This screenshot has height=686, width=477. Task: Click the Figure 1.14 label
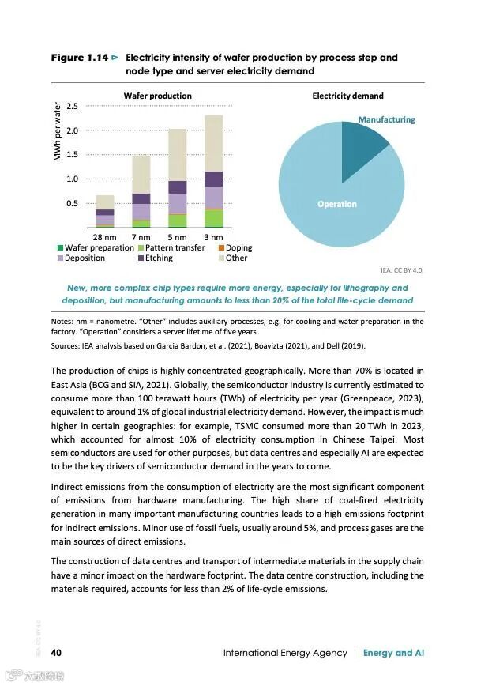(80, 58)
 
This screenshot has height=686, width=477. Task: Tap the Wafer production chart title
(157, 96)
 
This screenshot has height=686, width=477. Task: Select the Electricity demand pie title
(347, 96)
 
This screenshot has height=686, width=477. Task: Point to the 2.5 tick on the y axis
(72, 106)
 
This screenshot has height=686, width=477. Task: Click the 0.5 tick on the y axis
(72, 203)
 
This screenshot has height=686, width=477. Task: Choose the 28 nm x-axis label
(105, 236)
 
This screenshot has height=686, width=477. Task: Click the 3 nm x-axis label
(212, 236)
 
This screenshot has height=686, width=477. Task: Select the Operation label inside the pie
(337, 204)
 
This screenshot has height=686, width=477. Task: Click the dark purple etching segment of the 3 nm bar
(213, 179)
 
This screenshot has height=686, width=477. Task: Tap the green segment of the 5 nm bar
(178, 220)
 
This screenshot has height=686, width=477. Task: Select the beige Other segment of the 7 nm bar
(141, 174)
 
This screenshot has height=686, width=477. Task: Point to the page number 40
(57, 653)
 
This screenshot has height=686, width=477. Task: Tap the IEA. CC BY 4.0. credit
(403, 269)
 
